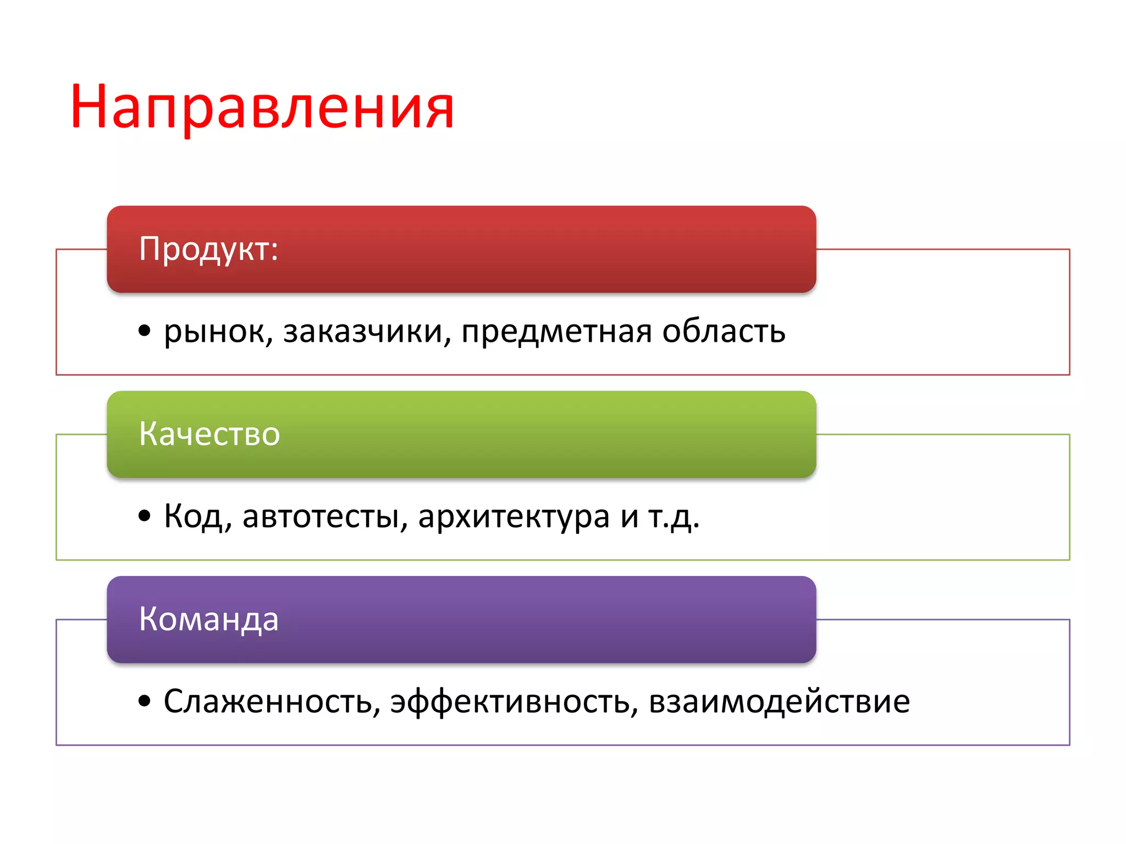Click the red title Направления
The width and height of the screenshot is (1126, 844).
[262, 107]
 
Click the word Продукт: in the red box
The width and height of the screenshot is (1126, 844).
[208, 249]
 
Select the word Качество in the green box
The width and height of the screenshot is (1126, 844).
[209, 434]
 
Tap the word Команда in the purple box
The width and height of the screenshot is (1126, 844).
[209, 619]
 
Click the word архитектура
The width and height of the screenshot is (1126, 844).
[514, 517]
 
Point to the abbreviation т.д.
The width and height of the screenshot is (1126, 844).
[674, 517]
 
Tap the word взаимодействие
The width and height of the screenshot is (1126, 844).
[779, 702]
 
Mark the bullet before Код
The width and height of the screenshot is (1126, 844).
[145, 516]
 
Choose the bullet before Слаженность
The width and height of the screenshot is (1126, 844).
[145, 701]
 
